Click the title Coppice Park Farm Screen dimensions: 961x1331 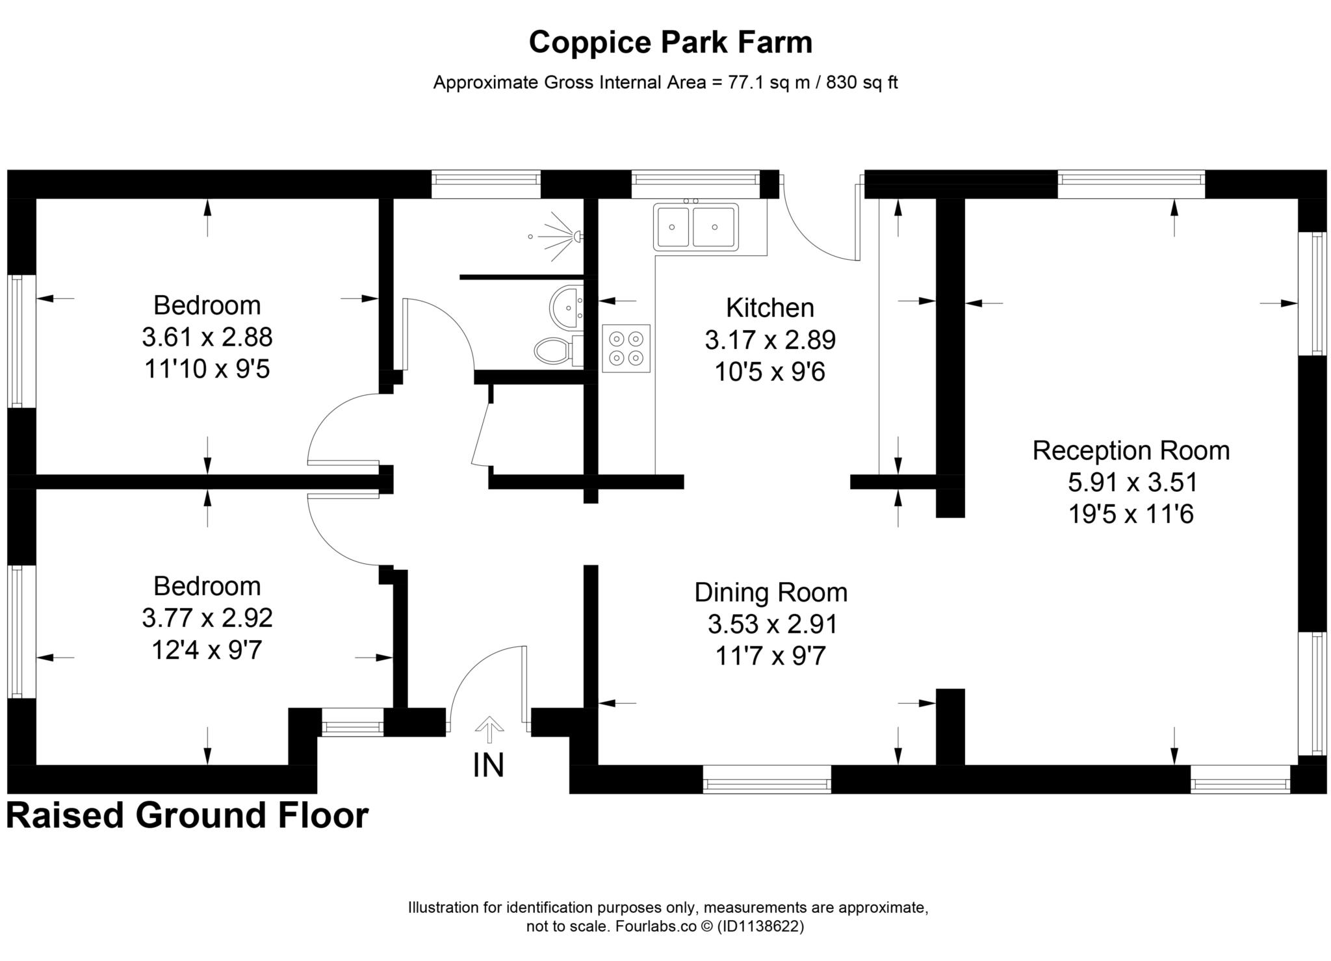point(670,43)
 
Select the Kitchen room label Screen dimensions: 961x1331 point(769,308)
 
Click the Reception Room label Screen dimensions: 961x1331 point(1131,451)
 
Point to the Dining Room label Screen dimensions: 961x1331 point(771,593)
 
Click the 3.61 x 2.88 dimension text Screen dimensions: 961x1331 point(207,337)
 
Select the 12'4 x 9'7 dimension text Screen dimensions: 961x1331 point(207,650)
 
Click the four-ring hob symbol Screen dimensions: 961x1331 point(626,348)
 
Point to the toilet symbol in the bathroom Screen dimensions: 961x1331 point(554,351)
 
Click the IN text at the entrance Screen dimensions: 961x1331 point(488,765)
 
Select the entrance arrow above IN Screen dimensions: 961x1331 point(489,728)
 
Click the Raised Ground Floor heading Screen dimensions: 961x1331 point(187,815)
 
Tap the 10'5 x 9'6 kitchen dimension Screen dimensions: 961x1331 point(769,372)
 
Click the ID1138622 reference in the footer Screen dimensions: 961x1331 point(761,927)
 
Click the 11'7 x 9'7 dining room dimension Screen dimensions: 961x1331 point(771,656)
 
